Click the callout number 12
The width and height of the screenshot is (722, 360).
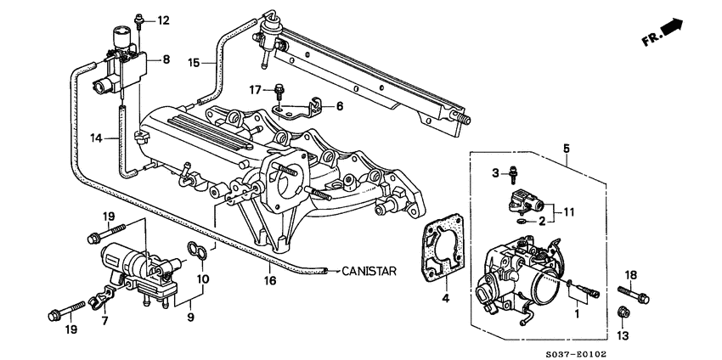point(163,20)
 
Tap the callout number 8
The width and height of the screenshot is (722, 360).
point(166,59)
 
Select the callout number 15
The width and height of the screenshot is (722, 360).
point(195,63)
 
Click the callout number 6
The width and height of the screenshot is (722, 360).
point(340,106)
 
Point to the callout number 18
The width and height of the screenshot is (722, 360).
point(629,274)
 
